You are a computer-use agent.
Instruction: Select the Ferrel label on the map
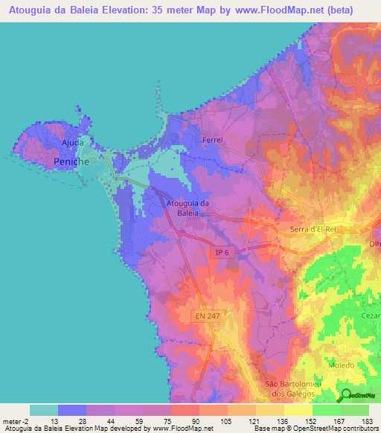[213, 139]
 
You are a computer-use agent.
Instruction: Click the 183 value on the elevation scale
[368, 420]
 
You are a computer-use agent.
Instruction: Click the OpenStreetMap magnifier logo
[347, 394]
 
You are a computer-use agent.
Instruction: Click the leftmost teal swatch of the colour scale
[44, 410]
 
